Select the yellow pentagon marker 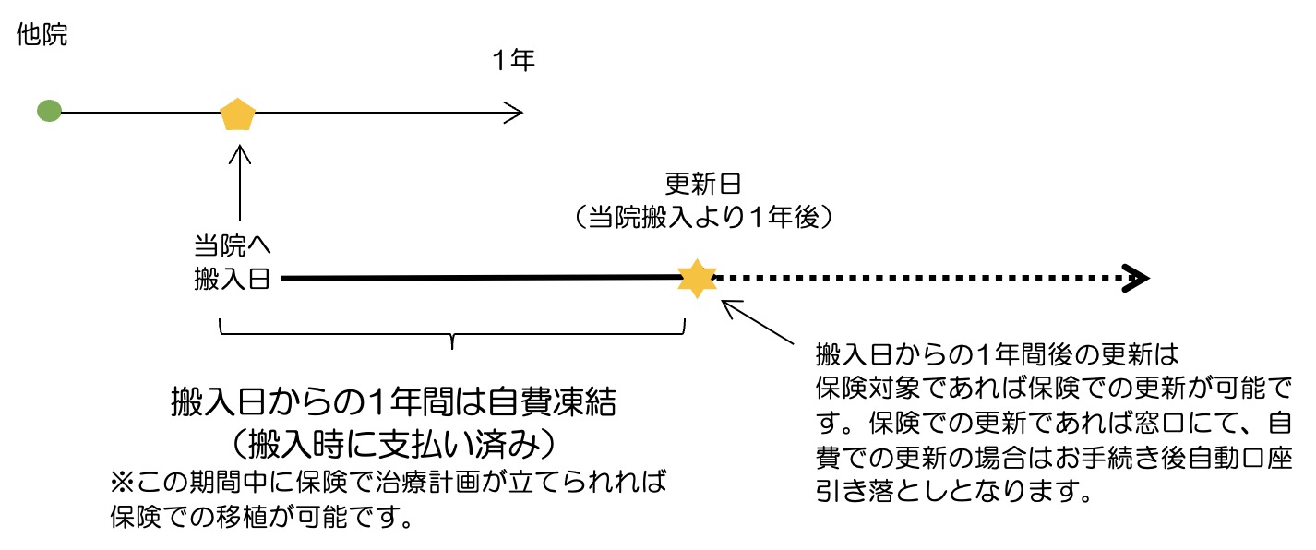pos(238,114)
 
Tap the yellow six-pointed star pos(697,278)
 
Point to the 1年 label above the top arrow pos(513,61)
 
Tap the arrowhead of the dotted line pos(1137,278)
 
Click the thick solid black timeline pos(480,277)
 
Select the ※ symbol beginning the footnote pos(122,483)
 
